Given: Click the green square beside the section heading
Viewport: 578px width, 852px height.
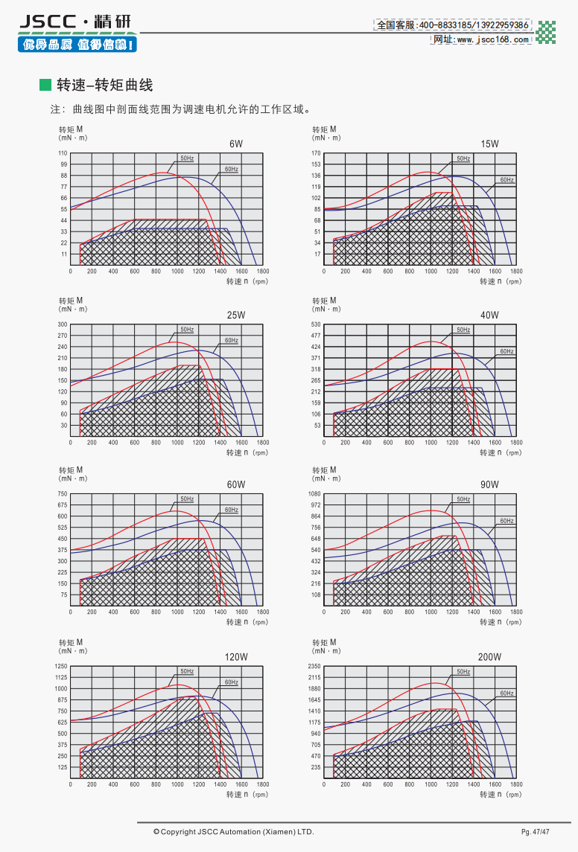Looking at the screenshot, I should pyautogui.click(x=45, y=85).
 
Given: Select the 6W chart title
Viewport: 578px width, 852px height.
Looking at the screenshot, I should pyautogui.click(x=236, y=144).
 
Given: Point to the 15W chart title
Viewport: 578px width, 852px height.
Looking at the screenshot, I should pyautogui.click(x=489, y=144).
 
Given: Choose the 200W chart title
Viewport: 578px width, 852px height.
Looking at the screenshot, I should pyautogui.click(x=489, y=657).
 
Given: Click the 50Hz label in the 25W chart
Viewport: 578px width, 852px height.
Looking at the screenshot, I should pyautogui.click(x=186, y=330).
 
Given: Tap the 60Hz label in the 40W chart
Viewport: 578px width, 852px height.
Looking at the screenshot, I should pyautogui.click(x=506, y=351).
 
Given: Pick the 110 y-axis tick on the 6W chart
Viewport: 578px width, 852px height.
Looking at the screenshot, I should pyautogui.click(x=63, y=153).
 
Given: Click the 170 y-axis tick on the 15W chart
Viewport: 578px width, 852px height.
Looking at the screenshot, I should pyautogui.click(x=316, y=153).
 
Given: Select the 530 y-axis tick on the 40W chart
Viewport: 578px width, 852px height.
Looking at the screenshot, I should pyautogui.click(x=316, y=324).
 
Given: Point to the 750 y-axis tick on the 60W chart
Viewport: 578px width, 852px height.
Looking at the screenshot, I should pyautogui.click(x=63, y=494).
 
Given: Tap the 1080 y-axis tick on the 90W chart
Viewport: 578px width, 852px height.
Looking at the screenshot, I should pyautogui.click(x=314, y=494).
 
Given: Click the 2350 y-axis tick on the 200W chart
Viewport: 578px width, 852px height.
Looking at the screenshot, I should pyautogui.click(x=314, y=667).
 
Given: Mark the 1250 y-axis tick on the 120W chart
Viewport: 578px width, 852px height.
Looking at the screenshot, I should pyautogui.click(x=62, y=667).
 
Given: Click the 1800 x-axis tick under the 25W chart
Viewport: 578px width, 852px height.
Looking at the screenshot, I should pyautogui.click(x=263, y=443).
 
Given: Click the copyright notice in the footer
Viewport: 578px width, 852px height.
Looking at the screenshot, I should pyautogui.click(x=234, y=831).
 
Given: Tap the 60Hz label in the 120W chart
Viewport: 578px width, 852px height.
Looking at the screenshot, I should pyautogui.click(x=232, y=682).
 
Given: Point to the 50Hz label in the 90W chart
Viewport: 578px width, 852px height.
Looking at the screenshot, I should pyautogui.click(x=463, y=499).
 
